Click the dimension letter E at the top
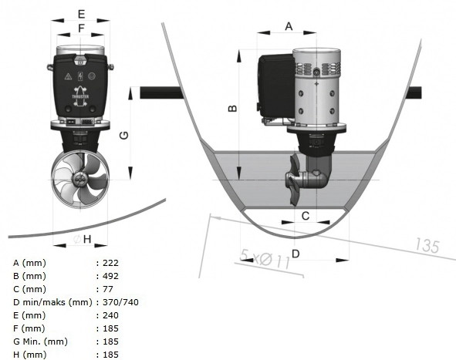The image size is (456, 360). pos(81,14)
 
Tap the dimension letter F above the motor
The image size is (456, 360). pos(81,29)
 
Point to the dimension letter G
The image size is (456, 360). pos(124,135)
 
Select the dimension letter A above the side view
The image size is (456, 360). pos(289,26)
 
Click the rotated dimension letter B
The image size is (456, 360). pos(232,109)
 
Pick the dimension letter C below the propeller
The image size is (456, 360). pos(305,216)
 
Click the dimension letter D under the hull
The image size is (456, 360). pos(296,254)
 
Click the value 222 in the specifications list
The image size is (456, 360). pos(110,263)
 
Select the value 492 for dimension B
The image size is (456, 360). pos(110,276)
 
